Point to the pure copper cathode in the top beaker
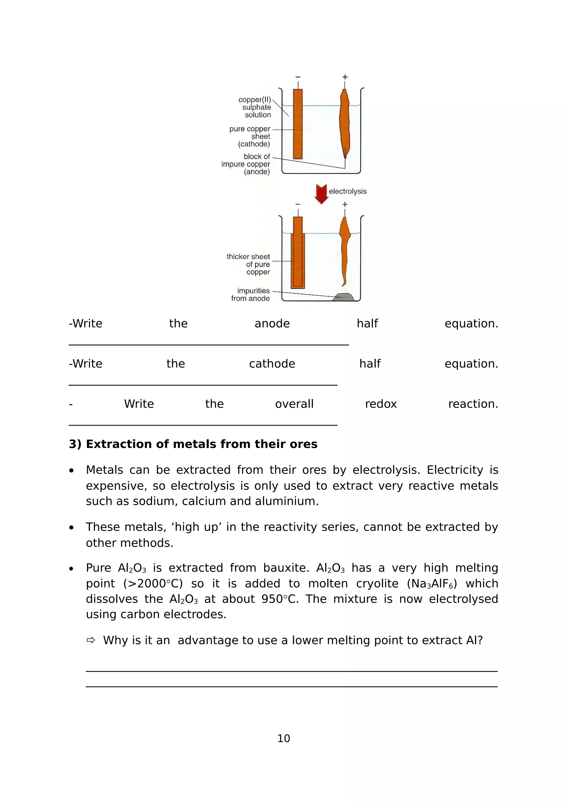coord(298,124)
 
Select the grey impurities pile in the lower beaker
coord(343,297)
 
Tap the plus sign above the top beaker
coord(345,77)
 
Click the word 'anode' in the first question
coord(272,324)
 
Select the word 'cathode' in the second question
coord(272,364)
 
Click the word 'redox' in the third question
coord(380,404)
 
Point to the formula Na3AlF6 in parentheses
coord(432,583)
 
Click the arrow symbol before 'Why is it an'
coord(91,640)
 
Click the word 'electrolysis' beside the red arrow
coord(348,192)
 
